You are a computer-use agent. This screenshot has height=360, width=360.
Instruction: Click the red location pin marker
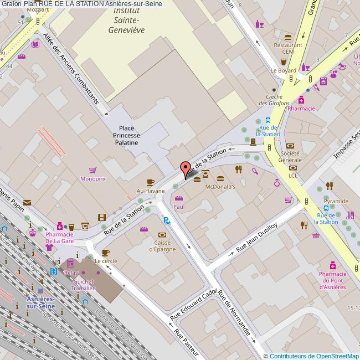pyautogui.click(x=186, y=168)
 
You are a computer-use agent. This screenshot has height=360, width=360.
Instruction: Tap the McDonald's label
pyautogui.click(x=220, y=187)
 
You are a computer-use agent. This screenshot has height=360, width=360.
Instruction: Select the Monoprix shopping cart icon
pyautogui.click(x=92, y=170)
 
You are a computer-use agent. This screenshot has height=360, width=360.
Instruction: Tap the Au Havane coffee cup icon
pyautogui.click(x=150, y=182)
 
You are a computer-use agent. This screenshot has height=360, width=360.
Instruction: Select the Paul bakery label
pyautogui.click(x=178, y=207)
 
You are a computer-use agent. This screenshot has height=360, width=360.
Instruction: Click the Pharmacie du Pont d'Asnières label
pyautogui.click(x=332, y=280)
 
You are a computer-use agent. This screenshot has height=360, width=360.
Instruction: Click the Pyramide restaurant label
pyautogui.click(x=336, y=201)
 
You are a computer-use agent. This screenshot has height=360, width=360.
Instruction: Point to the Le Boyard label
pyautogui.click(x=283, y=71)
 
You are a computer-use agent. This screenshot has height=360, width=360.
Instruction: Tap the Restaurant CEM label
pyautogui.click(x=287, y=48)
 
